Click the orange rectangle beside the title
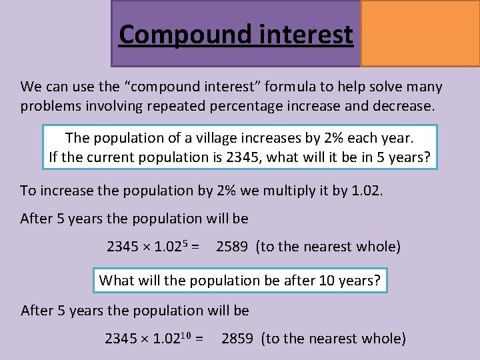420,33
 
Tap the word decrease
398,106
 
